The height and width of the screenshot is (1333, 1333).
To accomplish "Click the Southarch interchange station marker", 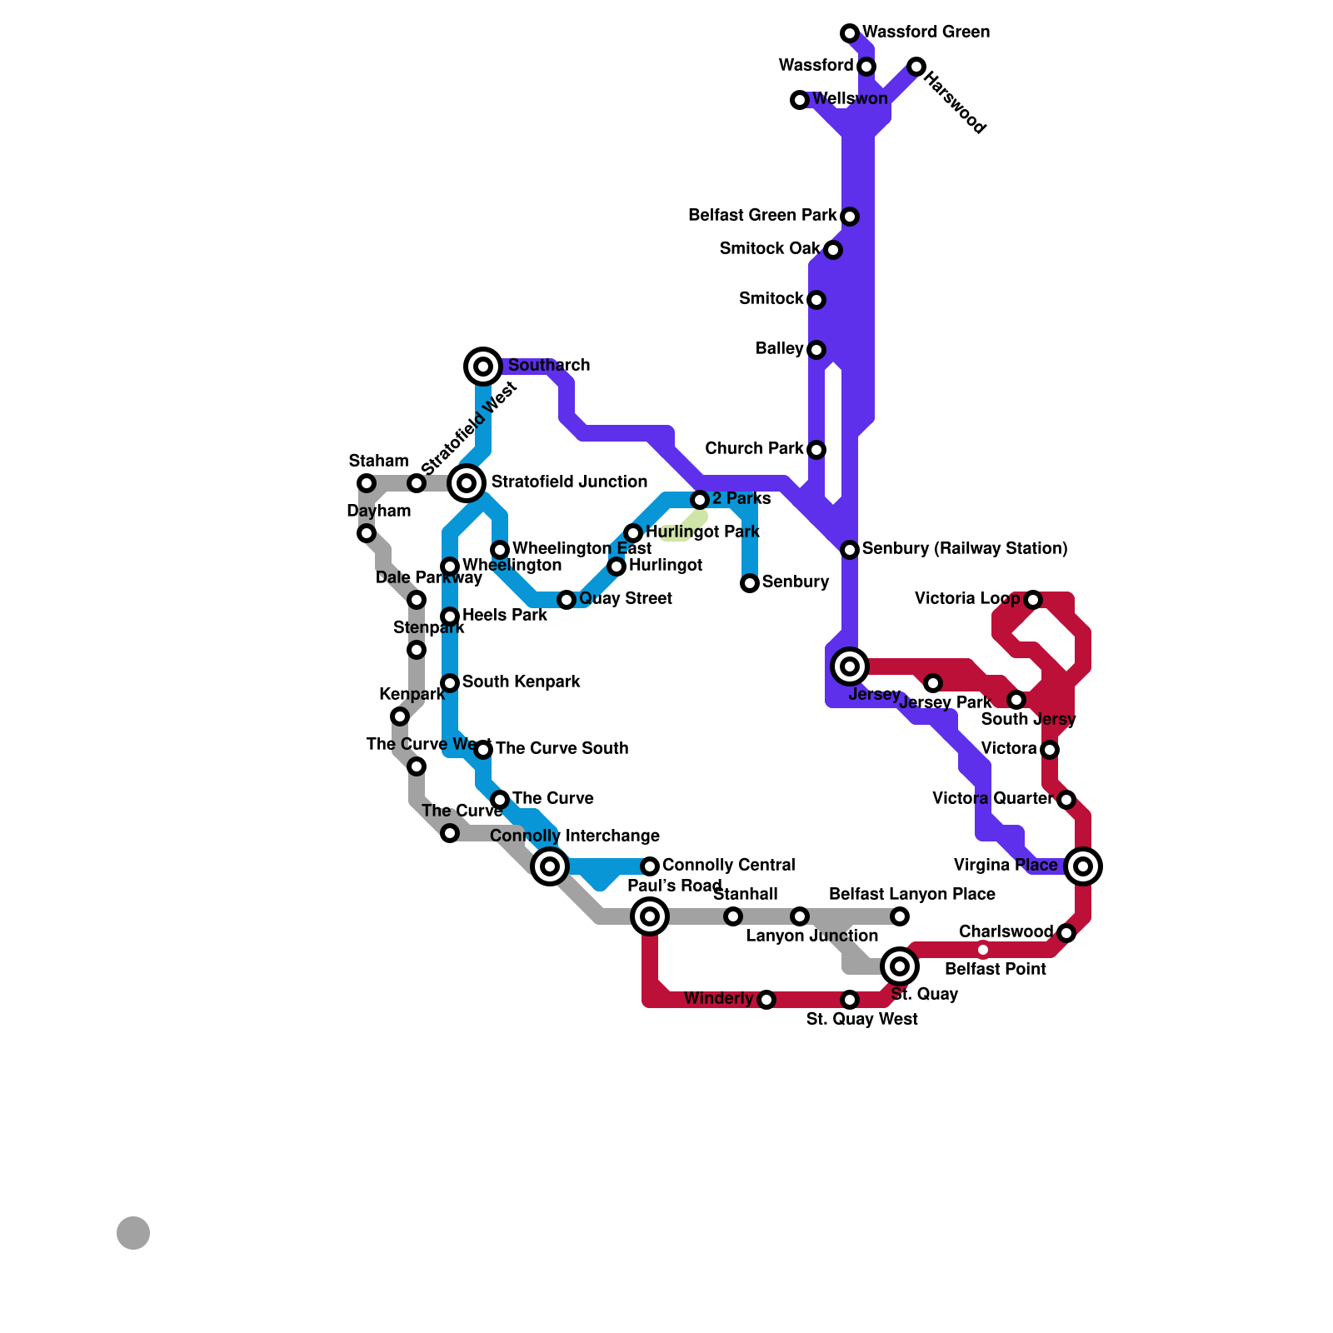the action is click(x=483, y=366).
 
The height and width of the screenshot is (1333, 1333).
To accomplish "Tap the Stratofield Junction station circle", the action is click(x=467, y=483).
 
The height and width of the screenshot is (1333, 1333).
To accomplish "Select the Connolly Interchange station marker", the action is click(x=550, y=866).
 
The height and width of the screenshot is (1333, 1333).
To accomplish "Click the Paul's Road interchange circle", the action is click(x=650, y=916).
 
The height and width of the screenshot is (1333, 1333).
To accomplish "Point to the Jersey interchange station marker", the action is click(x=850, y=666).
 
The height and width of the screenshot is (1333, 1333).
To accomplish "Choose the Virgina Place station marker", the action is click(x=1083, y=866).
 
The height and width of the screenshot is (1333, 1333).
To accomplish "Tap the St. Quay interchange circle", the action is click(x=900, y=966).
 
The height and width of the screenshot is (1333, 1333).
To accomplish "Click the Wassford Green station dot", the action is click(x=850, y=33).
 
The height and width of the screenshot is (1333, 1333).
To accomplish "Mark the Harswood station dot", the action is click(x=916, y=67).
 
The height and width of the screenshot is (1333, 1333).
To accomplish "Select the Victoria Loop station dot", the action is click(x=1033, y=600).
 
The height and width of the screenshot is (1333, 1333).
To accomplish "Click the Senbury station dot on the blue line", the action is click(x=750, y=583).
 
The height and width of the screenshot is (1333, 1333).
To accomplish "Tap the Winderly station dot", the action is click(x=766, y=1000).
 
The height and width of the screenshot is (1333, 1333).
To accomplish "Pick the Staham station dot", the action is click(x=367, y=483).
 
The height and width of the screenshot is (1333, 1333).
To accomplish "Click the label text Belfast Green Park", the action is click(x=761, y=216).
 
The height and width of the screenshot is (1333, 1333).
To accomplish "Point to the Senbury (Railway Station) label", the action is click(x=964, y=548).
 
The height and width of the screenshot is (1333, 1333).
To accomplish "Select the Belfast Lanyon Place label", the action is click(x=911, y=894).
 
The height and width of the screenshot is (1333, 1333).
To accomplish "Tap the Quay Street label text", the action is click(x=625, y=598).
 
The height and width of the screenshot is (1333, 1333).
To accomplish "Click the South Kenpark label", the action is click(x=521, y=681).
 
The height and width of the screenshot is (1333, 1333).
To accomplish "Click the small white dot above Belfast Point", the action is click(x=983, y=950).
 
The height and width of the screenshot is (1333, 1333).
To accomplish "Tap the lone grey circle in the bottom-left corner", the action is click(x=133, y=1233).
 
